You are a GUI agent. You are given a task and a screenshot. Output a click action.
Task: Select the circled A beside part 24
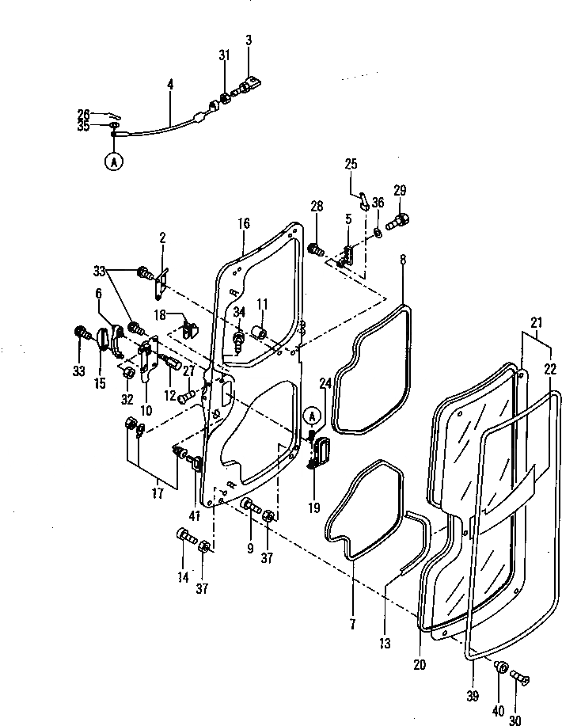click(314, 416)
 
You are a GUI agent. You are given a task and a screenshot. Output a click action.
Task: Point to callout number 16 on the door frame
click(243, 224)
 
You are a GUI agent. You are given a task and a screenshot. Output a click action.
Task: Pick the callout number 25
click(351, 164)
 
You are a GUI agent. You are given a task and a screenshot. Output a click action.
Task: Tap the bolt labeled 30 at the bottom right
click(520, 678)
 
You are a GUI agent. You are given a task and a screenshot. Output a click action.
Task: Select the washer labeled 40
click(501, 667)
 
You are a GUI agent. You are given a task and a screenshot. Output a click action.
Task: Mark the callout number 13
click(385, 644)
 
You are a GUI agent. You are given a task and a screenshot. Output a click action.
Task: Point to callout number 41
click(195, 516)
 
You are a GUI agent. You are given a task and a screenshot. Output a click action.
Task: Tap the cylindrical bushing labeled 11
click(257, 331)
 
